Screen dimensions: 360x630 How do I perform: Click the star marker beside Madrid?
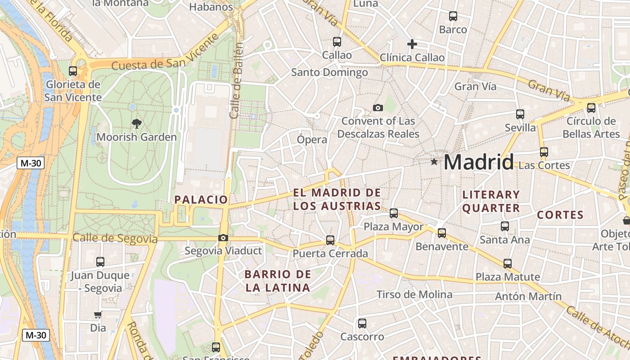(x=434, y=162)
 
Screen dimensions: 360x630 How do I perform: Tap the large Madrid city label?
(x=478, y=162)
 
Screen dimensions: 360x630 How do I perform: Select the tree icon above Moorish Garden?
(x=136, y=123)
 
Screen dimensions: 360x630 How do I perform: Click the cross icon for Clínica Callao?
(x=412, y=44)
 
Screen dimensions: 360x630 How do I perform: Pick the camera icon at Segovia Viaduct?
(x=223, y=238)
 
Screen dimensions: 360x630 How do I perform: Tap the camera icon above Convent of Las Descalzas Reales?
(x=378, y=108)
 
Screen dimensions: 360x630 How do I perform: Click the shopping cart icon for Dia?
(x=98, y=315)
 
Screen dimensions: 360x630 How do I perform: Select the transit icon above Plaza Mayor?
(x=394, y=213)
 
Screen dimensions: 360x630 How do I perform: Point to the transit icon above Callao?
(x=337, y=42)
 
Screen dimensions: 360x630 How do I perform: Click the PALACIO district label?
(x=201, y=199)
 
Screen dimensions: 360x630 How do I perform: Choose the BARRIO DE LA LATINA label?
(x=278, y=281)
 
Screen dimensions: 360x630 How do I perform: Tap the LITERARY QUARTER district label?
(x=491, y=201)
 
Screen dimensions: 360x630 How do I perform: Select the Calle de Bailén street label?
(x=237, y=81)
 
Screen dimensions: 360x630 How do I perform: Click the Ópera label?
(x=312, y=139)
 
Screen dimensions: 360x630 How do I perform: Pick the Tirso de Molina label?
(x=414, y=294)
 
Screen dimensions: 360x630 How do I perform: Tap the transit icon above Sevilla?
(x=520, y=114)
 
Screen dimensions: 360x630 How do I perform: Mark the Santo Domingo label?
(x=329, y=72)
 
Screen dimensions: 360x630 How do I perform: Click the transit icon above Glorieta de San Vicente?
(x=73, y=71)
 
